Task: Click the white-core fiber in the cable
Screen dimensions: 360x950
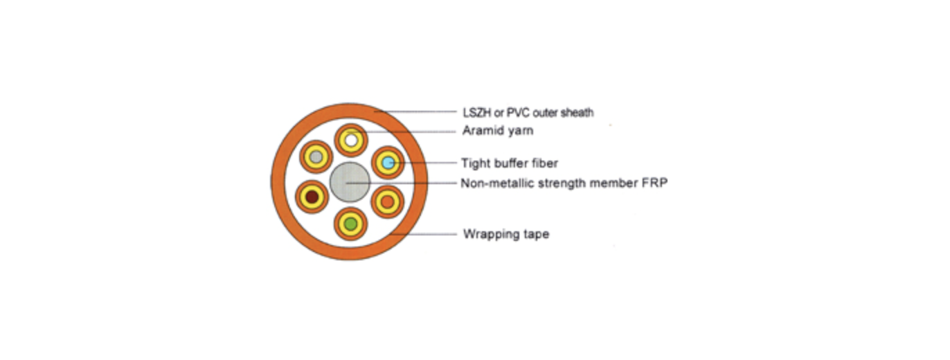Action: click(x=351, y=141)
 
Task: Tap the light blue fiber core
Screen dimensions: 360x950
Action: click(x=388, y=163)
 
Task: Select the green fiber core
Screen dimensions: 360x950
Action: click(x=351, y=224)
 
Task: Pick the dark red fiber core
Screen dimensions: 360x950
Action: click(x=312, y=197)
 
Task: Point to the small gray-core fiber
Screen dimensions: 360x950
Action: click(x=316, y=158)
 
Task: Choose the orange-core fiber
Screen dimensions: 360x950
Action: click(x=388, y=201)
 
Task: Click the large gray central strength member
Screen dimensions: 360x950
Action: click(x=350, y=182)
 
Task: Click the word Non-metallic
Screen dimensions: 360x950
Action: click(x=495, y=183)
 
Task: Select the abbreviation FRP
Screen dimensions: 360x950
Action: click(x=654, y=183)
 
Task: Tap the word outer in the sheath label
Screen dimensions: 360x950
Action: click(x=546, y=112)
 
